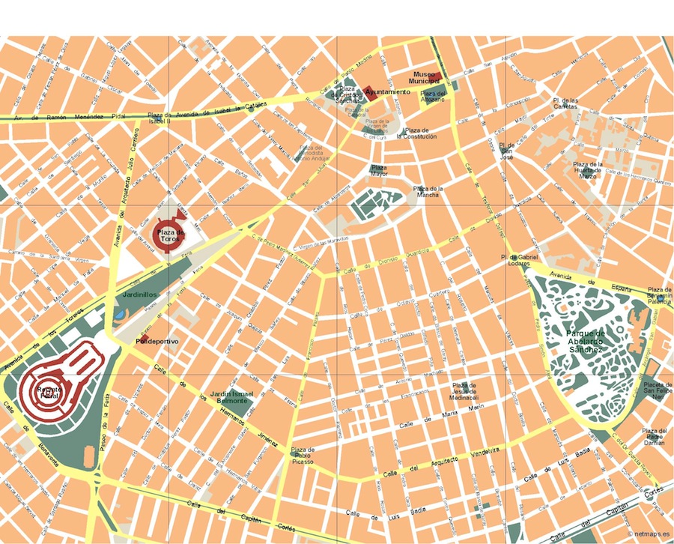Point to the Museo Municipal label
[x=424, y=77]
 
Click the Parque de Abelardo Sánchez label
[x=585, y=341]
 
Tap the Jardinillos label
[x=139, y=295]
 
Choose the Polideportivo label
[x=157, y=341]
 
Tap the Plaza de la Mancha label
[x=428, y=191]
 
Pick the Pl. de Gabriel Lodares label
[x=520, y=260]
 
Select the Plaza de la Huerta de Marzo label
[x=589, y=170]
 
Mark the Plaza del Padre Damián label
[x=655, y=438]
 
